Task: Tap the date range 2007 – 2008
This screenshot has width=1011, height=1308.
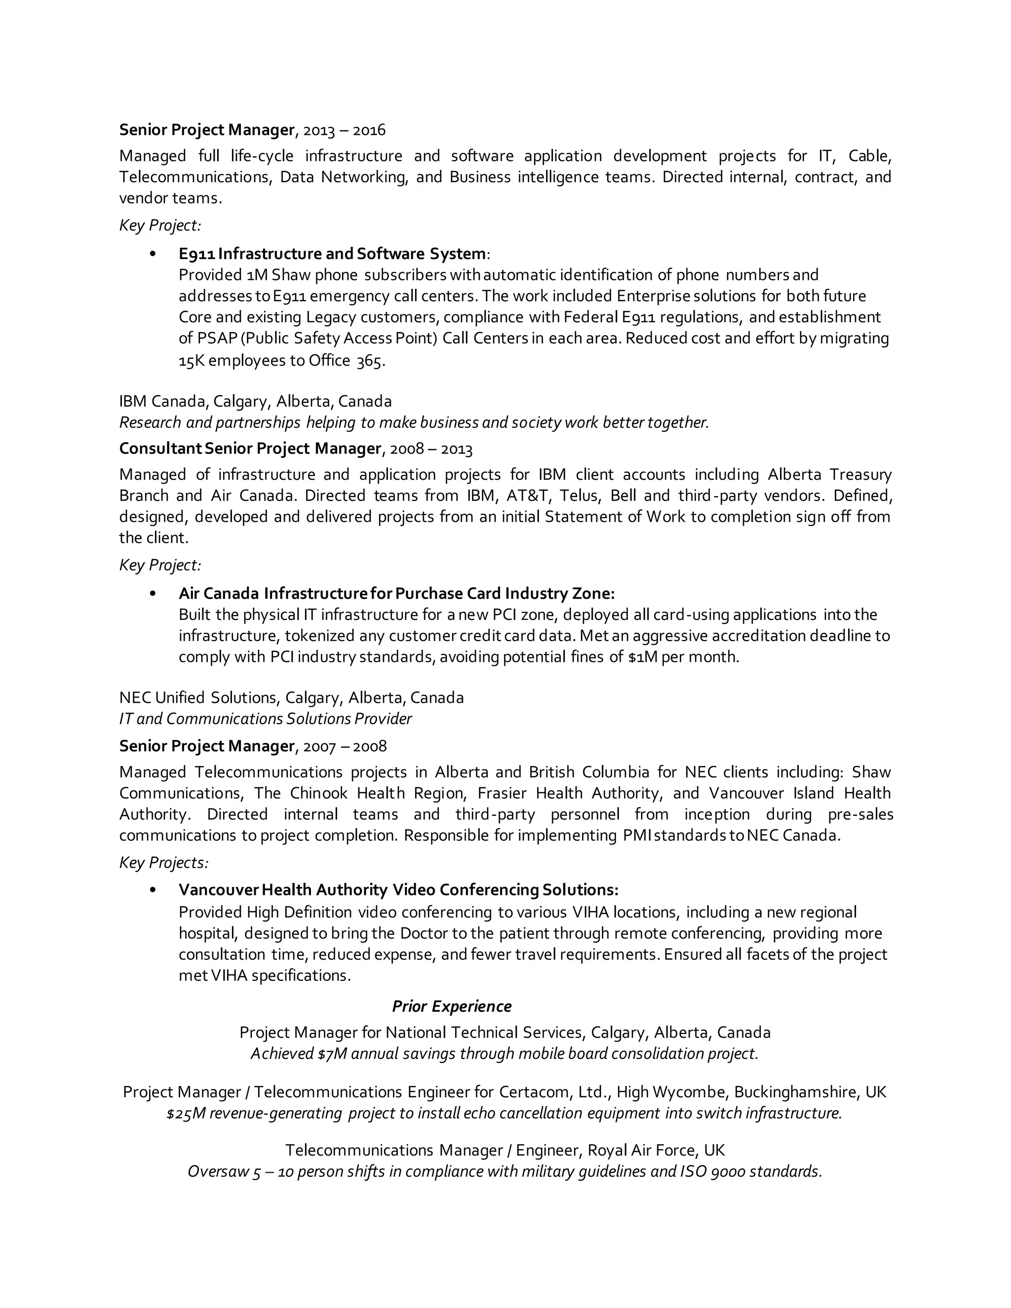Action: click(345, 746)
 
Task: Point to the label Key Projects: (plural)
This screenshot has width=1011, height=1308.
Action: click(163, 862)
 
